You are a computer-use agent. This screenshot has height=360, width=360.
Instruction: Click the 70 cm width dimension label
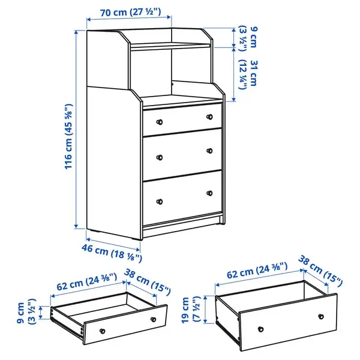coord(130,12)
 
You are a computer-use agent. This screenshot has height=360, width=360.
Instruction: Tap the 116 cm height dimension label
coord(68,136)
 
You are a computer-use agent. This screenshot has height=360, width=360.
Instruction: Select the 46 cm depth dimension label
coord(112,253)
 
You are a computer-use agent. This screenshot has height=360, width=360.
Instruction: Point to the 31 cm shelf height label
coord(248,74)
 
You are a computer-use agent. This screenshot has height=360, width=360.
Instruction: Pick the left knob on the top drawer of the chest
coord(160,122)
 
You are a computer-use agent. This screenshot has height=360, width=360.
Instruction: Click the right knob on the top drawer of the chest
coord(209,117)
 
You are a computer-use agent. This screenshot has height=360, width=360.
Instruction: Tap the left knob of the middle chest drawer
coord(160,157)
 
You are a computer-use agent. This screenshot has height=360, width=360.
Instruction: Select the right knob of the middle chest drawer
coord(209,151)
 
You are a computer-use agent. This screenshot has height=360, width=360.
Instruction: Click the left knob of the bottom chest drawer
coord(160,202)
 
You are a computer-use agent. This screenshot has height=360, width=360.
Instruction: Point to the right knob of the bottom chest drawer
coord(209,193)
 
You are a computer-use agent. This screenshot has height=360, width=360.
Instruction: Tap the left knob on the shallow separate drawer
coord(103,331)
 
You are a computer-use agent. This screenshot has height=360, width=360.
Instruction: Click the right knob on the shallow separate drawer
coord(153,319)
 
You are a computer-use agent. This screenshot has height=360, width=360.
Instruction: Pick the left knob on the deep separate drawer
coord(261,329)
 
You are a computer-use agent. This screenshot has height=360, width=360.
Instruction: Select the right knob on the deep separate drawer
coord(321,317)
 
